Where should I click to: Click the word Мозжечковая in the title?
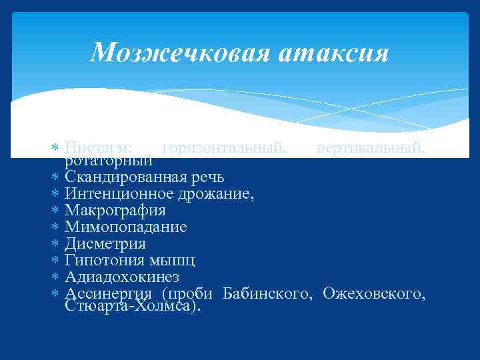tap(178, 52)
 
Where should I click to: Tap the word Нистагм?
tap(98, 147)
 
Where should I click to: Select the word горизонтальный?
tap(225, 147)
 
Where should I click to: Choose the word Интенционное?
tap(119, 194)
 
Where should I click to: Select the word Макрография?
tap(115, 211)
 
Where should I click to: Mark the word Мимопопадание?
tap(126, 227)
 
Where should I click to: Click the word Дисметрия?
tap(105, 244)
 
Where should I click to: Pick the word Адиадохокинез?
tap(122, 277)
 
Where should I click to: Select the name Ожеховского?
tap(374, 293)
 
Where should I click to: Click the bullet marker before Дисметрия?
tap(55, 244)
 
